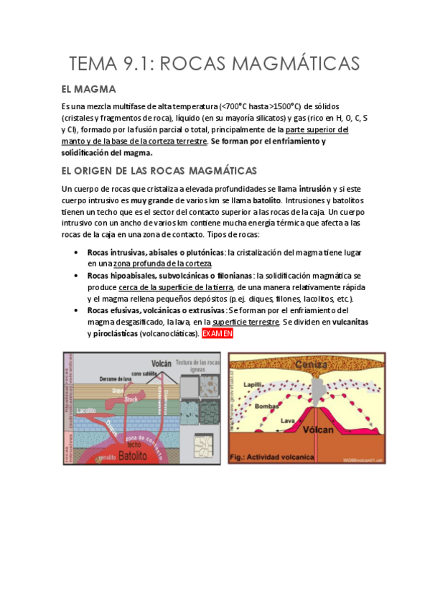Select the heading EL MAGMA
pos(89,90)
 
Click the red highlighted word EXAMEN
pos(218,334)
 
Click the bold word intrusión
pos(319,189)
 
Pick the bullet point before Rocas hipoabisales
pos(77,276)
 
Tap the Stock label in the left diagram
pos(131,398)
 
